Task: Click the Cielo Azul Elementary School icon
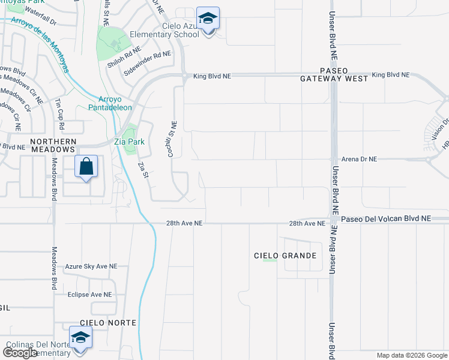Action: pos(208,19)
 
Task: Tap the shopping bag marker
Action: pos(86,166)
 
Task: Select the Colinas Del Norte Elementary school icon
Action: pos(80,338)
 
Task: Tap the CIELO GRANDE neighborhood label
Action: pos(285,256)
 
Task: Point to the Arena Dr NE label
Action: pos(359,159)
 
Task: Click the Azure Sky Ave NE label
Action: pos(92,266)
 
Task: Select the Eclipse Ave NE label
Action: pos(89,295)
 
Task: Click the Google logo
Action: pos(20,353)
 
